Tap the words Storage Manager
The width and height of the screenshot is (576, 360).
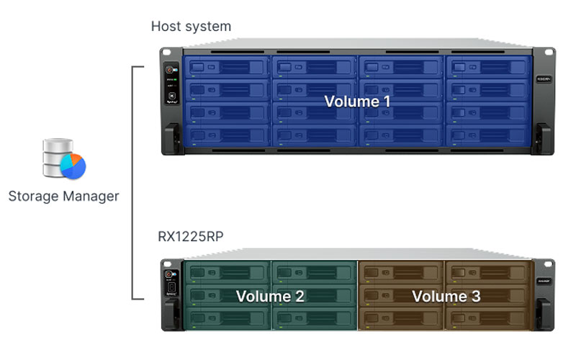click(63, 196)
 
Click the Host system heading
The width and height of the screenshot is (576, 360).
click(191, 27)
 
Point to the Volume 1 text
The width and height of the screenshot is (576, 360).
click(357, 102)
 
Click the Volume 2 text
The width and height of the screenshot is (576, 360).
click(270, 296)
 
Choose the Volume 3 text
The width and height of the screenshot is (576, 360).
click(446, 296)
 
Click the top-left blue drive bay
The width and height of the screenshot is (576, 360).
click(228, 68)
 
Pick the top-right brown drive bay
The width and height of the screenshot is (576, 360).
click(487, 272)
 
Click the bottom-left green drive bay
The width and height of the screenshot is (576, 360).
click(228, 318)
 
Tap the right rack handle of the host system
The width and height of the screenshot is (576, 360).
click(543, 138)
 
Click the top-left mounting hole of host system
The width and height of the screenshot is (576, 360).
click(166, 53)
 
